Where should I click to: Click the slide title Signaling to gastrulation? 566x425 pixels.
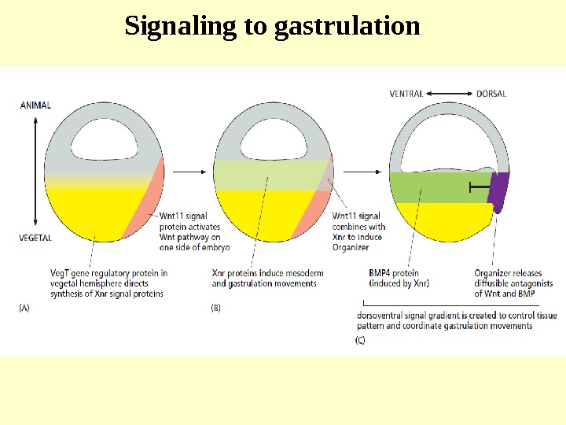click(273, 27)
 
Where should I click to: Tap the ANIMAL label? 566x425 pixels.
click(35, 105)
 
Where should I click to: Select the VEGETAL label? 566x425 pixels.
click(35, 237)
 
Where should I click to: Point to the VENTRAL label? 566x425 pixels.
click(406, 94)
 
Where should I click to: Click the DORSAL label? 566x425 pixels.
click(491, 94)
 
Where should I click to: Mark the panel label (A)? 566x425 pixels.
click(25, 309)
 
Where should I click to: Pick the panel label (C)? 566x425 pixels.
click(361, 340)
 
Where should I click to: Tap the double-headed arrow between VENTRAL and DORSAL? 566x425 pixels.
click(450, 94)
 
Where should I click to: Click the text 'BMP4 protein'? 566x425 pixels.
click(394, 273)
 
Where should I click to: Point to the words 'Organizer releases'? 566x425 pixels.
click(509, 273)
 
